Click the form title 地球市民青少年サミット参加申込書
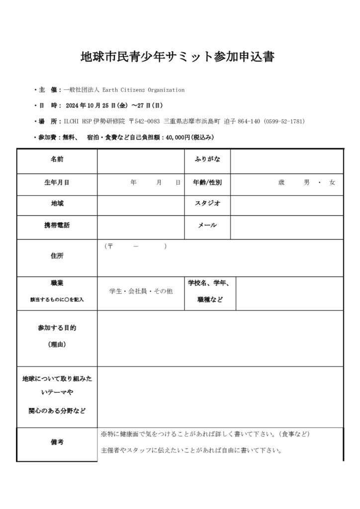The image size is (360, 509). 177,56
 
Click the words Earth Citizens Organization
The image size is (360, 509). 143,90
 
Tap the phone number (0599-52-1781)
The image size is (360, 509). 284,121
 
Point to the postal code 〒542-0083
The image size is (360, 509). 144,121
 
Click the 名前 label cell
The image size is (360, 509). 57,160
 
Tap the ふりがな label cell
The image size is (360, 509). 207,160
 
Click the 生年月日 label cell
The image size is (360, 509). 57,182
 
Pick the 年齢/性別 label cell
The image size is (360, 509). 207,182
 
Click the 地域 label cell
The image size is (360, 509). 57,203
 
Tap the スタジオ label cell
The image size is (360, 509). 207,203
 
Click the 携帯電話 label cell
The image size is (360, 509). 57,225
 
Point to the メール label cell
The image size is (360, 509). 207,225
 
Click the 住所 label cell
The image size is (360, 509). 57,256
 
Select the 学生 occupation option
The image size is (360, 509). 116,292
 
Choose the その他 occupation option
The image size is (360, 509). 163,292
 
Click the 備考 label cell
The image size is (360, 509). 57,442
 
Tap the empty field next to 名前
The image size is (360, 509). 141,160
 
